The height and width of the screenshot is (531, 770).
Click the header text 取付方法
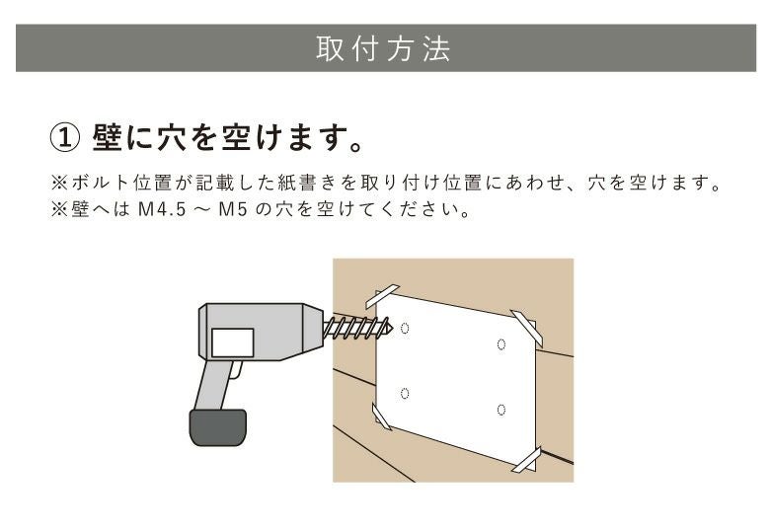(x=384, y=49)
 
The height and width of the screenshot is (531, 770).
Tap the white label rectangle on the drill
(x=233, y=342)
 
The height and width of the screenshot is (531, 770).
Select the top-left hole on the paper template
(x=408, y=328)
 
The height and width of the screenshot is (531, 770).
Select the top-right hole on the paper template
(x=501, y=343)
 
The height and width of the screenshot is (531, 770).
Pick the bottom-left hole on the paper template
(x=406, y=393)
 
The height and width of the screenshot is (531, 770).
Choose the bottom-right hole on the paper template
(x=501, y=410)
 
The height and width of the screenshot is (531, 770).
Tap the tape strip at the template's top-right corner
(x=527, y=327)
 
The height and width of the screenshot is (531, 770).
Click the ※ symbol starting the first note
(x=55, y=185)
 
